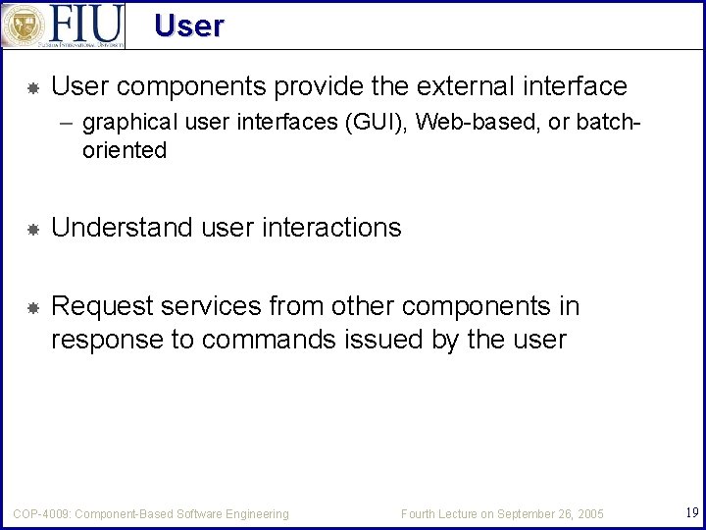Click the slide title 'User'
(x=188, y=26)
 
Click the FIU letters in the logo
(x=86, y=24)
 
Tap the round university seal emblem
(x=23, y=26)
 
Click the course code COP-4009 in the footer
(x=40, y=514)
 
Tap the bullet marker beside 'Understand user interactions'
(x=31, y=230)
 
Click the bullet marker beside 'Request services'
(x=31, y=308)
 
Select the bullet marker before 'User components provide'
(x=31, y=88)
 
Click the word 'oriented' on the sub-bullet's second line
(x=125, y=151)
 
